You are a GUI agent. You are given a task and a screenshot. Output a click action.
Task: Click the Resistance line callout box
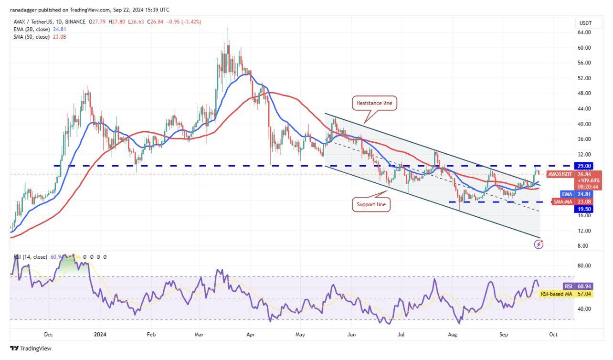coord(375,103)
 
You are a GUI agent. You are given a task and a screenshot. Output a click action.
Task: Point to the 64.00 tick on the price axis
coord(584,32)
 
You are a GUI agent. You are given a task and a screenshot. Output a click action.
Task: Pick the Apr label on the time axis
coord(249,335)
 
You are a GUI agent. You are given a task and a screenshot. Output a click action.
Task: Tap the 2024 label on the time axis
coord(100,335)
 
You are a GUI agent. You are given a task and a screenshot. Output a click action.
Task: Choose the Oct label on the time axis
coord(553,335)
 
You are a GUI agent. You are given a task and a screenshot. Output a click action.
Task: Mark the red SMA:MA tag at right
coord(562,202)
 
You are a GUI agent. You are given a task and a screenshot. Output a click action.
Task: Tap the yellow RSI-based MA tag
coord(556,294)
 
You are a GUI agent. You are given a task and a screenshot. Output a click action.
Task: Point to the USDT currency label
coord(585,23)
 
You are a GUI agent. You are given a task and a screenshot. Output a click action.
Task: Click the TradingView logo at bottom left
coord(31,349)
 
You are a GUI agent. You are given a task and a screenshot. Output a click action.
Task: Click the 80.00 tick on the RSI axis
coord(584,265)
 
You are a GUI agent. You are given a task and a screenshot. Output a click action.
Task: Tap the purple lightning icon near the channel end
coord(539,244)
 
